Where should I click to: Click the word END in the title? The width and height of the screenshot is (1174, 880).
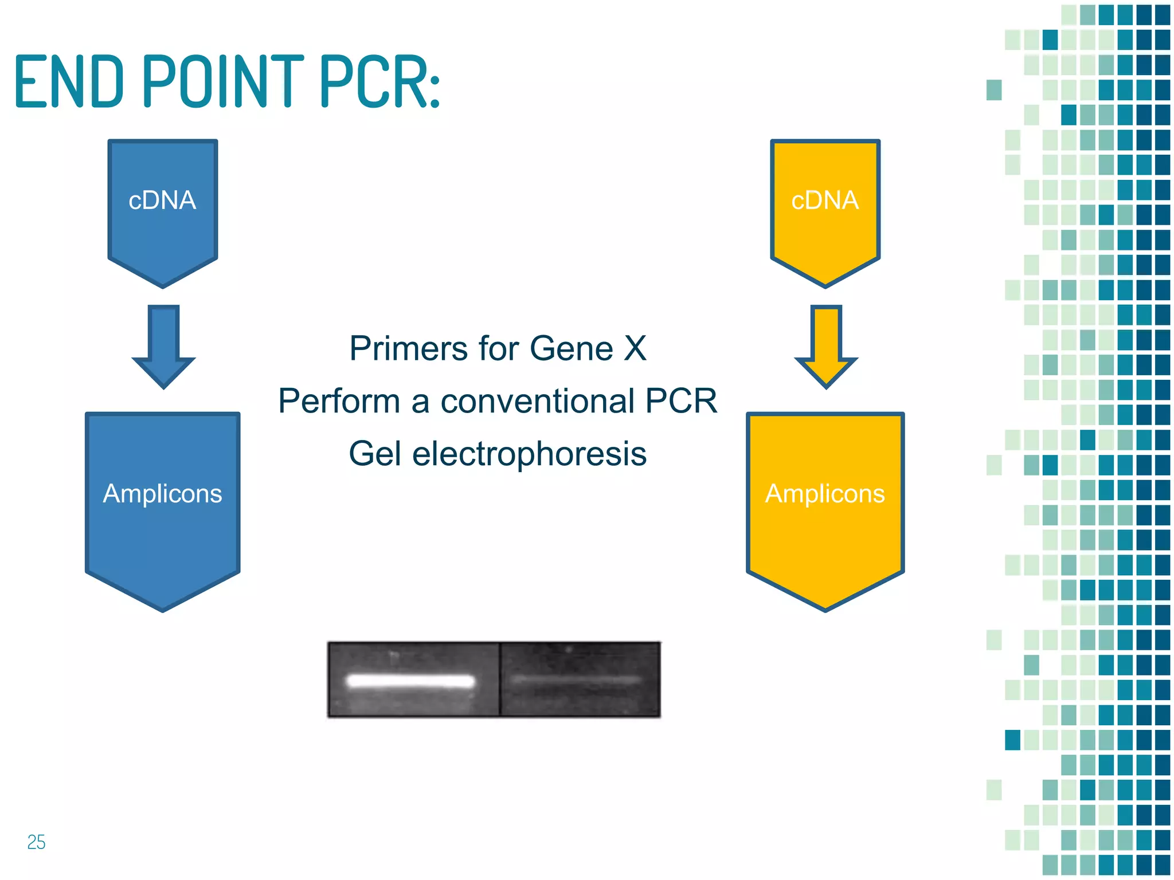click(x=69, y=81)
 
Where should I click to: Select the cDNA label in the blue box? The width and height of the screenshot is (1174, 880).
click(x=162, y=201)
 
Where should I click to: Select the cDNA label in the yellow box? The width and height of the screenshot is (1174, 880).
click(x=825, y=201)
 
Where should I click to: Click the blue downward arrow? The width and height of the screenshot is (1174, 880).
click(x=164, y=347)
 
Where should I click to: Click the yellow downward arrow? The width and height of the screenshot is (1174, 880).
click(x=826, y=347)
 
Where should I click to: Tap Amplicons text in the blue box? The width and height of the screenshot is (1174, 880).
click(x=162, y=493)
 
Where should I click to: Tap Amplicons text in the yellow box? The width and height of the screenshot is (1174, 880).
click(x=825, y=493)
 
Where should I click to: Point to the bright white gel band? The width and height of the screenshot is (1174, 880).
click(x=410, y=681)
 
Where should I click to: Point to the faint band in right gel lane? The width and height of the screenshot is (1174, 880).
click(x=576, y=680)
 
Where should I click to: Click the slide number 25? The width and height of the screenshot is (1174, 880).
click(x=36, y=842)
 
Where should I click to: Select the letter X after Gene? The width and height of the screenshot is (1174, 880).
click(x=635, y=348)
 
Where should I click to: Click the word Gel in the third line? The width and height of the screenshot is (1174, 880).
click(x=375, y=454)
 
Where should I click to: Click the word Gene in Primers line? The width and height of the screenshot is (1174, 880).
click(x=572, y=348)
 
